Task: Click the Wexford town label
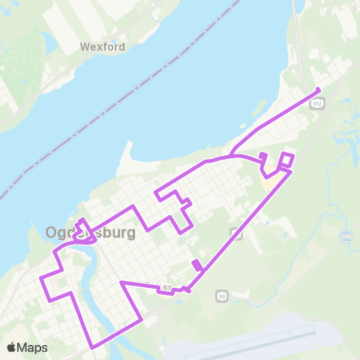pyautogui.click(x=102, y=46)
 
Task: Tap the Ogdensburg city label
pyautogui.click(x=91, y=232)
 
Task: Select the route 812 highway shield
pyautogui.click(x=317, y=106)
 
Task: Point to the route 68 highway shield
pyautogui.click(x=222, y=295)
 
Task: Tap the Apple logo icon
pyautogui.click(x=11, y=347)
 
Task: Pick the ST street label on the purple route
pyautogui.click(x=166, y=286)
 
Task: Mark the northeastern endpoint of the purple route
pyautogui.click(x=319, y=91)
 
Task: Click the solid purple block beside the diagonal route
pyautogui.click(x=196, y=265)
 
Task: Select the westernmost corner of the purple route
pyautogui.click(x=41, y=277)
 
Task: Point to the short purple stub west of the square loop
pyautogui.click(x=263, y=156)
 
